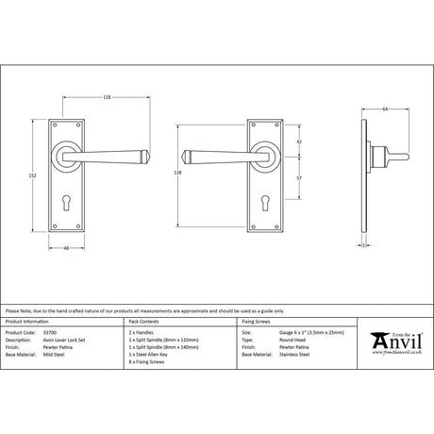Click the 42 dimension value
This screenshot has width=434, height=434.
pos(298,142)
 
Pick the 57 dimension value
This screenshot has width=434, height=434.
pos(298,176)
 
